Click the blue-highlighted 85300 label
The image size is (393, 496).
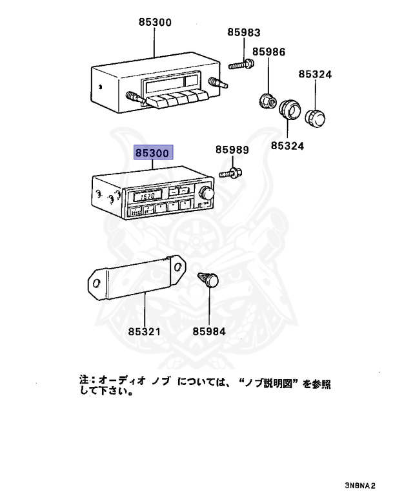152,154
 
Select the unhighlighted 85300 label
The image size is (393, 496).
155,22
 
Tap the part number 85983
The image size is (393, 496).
244,32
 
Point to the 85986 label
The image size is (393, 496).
268,52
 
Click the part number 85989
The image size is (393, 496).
232,150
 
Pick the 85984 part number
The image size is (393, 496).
209,331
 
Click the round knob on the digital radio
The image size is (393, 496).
207,193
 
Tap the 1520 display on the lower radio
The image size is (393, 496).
138,196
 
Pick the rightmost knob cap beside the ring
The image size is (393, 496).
316,118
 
